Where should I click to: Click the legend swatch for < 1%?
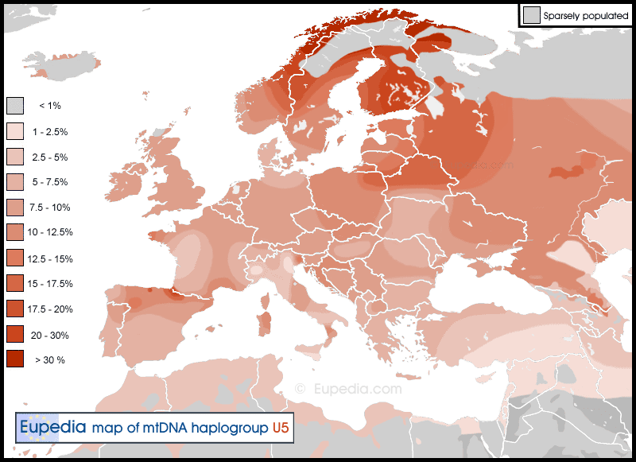pos(15,106)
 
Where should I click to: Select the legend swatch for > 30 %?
pos(15,359)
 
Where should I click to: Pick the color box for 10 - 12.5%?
pos(15,232)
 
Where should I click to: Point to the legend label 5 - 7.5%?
pos(48,182)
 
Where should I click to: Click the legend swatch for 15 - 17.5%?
pos(15,283)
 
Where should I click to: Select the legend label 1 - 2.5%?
pos(48,131)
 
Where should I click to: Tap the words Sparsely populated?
pos(586,15)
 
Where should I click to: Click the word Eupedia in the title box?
pos(52,427)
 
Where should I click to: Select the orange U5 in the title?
pos(281,428)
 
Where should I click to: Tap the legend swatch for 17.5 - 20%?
pos(15,309)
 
